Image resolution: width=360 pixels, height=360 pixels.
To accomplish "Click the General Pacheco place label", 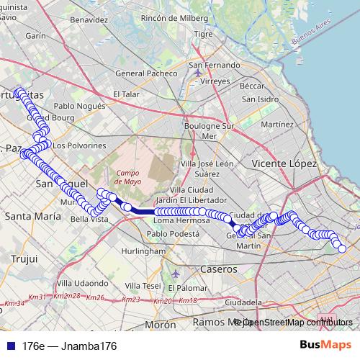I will coord(146,73).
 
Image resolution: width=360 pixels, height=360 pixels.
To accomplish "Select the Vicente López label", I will coord(285,165).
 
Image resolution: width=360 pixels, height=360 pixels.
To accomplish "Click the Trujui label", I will coord(22,258).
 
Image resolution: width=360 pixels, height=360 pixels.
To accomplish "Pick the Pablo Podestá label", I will coord(172,234).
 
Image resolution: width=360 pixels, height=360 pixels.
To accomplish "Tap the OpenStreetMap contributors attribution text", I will coord(297,322).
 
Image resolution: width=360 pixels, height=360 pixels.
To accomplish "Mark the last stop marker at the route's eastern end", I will coord(342,249).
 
